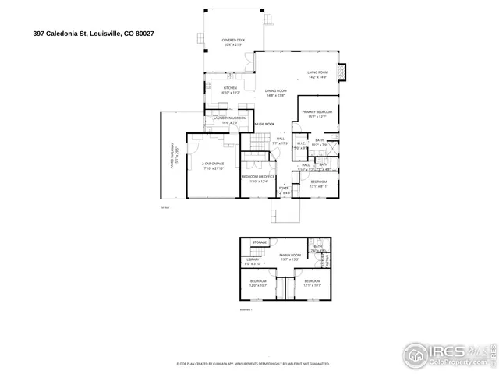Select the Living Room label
pos(317,74)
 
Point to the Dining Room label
pos(276,93)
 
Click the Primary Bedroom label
pos(317,114)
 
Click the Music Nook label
pos(264,124)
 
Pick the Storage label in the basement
pos(259,243)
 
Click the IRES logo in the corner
pos(444,353)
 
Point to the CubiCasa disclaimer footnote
pos(253,363)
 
